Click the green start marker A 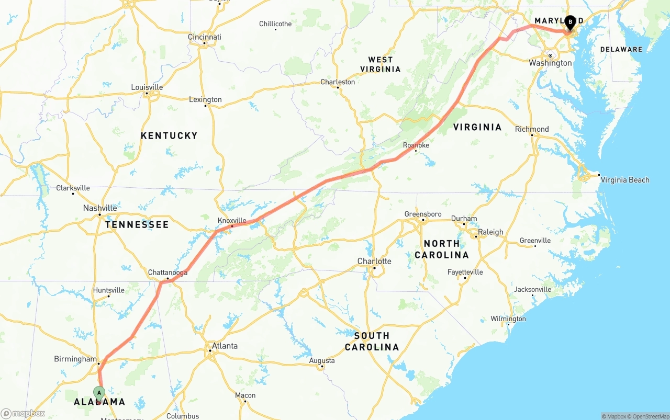[x=99, y=393]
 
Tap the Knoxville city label [x=232, y=220]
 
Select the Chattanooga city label [x=167, y=273]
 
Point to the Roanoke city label [x=416, y=145]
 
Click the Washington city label [x=550, y=63]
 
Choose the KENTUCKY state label [x=169, y=135]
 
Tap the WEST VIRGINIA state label [x=381, y=64]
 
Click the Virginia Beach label [x=624, y=180]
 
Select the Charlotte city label [x=374, y=261]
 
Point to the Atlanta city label [x=225, y=346]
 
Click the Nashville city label [x=100, y=208]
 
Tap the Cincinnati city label [x=205, y=37]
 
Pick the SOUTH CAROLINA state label [x=372, y=341]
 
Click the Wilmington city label [x=508, y=319]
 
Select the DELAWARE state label [x=621, y=49]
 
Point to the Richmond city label [x=532, y=129]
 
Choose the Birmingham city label [x=75, y=359]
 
